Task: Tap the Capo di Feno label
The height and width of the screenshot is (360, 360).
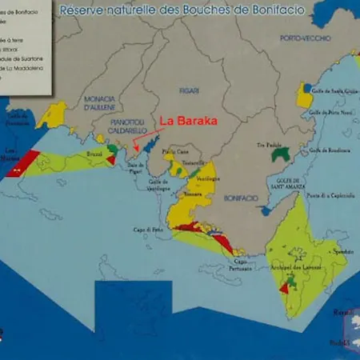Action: click(x=148, y=230)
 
